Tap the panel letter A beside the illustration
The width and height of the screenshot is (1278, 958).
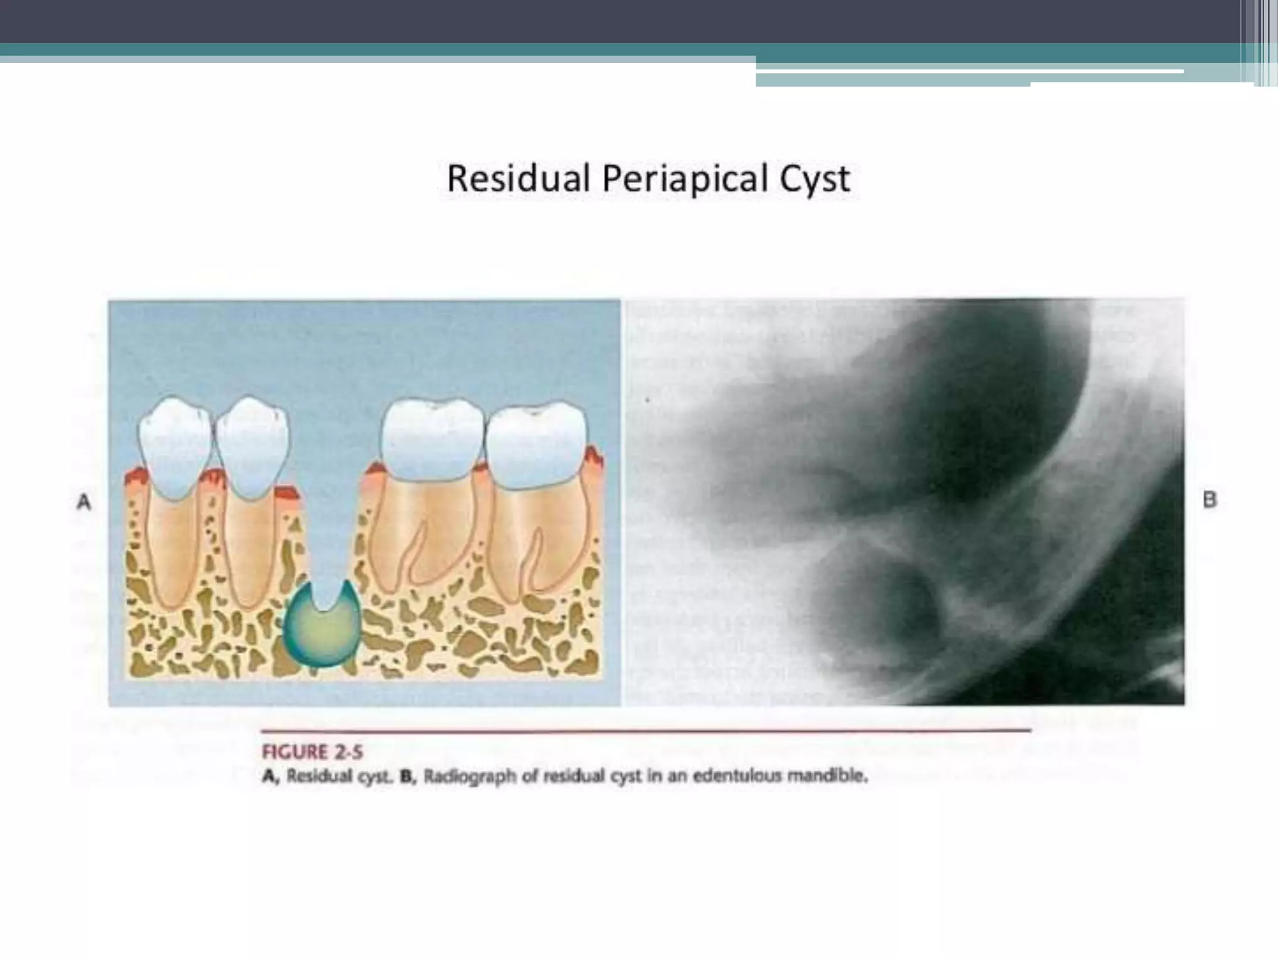pyautogui.click(x=84, y=502)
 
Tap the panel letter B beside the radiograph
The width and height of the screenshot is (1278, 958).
pyautogui.click(x=1209, y=500)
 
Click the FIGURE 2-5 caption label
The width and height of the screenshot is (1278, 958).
pyautogui.click(x=312, y=752)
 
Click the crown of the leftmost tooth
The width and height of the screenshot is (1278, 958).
pyautogui.click(x=175, y=446)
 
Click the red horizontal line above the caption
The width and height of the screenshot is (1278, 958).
pyautogui.click(x=646, y=730)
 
